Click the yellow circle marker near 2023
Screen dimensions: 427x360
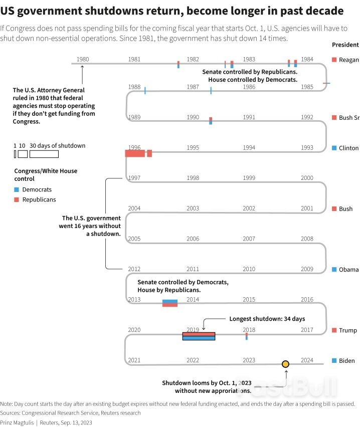pos(285,364)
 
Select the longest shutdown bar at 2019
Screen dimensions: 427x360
pos(199,336)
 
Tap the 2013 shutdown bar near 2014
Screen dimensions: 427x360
pos(170,303)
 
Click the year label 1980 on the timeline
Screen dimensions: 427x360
pos(83,60)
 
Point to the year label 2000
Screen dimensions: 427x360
pos(307,178)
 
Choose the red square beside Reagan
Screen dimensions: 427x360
pos(334,60)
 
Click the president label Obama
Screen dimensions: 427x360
pos(348,270)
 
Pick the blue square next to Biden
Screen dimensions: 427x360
pos(334,361)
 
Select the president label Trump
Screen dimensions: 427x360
pos(347,330)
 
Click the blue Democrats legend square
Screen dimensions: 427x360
pos(17,190)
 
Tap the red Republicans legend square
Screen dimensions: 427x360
pos(17,199)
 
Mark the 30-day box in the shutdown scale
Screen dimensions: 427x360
pos(44,154)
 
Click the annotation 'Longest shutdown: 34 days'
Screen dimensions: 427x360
pos(267,319)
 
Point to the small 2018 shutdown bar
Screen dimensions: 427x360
pos(246,336)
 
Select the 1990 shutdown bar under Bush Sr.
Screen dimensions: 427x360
pos(211,120)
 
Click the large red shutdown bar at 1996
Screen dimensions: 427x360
pos(135,153)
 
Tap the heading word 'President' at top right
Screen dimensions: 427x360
pos(345,45)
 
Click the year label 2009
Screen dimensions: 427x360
pos(307,269)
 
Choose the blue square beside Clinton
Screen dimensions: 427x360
pos(334,148)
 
